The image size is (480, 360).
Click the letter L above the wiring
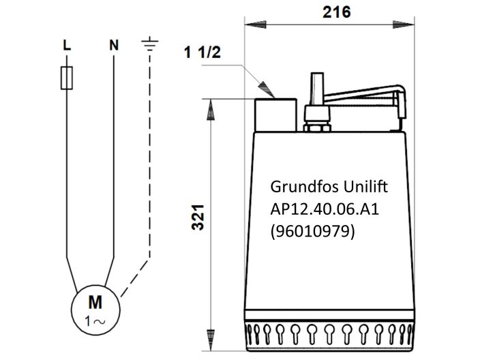(x=65, y=46)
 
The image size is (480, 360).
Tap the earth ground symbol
(x=149, y=45)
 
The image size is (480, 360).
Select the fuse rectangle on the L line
(x=65, y=78)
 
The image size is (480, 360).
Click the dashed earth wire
(x=149, y=164)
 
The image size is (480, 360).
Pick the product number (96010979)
(x=313, y=231)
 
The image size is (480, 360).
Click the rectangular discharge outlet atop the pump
(x=275, y=115)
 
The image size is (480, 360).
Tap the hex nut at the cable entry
(x=315, y=127)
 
